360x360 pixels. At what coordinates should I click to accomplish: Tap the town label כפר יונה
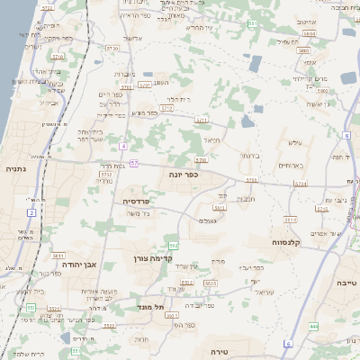[x=183, y=175]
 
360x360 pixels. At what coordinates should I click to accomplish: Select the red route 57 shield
[x=133, y=163]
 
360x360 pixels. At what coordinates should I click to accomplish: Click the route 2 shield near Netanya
[x=31, y=212]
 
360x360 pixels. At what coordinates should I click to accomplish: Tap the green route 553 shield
[x=31, y=308]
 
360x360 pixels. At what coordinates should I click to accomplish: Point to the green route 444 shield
[x=313, y=326]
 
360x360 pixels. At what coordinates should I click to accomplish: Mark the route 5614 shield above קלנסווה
[x=290, y=219]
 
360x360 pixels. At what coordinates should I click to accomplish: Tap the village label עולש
[x=294, y=144]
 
